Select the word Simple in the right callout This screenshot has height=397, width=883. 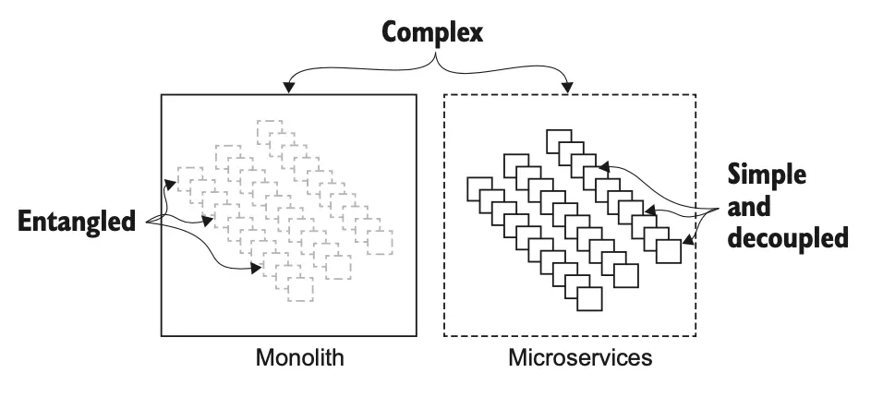pos(767,174)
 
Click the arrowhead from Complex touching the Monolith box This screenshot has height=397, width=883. pos(289,89)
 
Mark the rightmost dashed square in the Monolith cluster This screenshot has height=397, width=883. pos(380,243)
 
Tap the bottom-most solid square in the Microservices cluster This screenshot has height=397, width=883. pos(588,298)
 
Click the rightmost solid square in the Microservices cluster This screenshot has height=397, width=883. pos(669,251)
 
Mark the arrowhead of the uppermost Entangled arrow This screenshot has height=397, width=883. pos(170,183)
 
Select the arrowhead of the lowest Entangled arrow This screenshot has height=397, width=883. pos(256,269)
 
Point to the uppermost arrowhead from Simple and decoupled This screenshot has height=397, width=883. pos(600,168)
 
